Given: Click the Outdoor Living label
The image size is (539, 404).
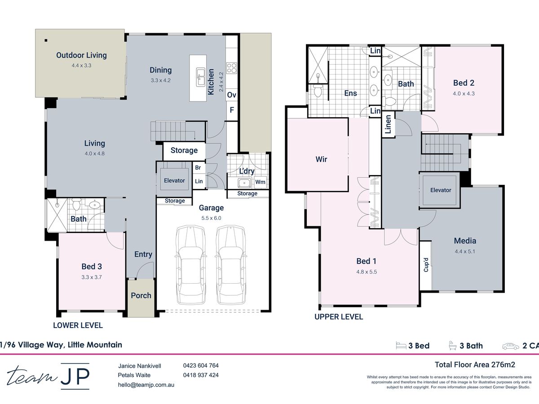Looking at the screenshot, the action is pos(81,55).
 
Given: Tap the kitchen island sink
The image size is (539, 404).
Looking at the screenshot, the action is pos(201,77).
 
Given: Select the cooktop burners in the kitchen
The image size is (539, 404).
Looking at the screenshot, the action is pos(232,68).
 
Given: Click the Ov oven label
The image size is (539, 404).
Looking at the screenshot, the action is pos(232,95).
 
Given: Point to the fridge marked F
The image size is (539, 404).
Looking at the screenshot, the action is pos(232,110).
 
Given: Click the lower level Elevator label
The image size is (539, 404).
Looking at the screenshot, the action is pos(174,180).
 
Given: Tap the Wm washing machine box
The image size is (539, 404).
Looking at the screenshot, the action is pos(260,182).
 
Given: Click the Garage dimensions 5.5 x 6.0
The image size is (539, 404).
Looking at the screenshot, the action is pos(211,218).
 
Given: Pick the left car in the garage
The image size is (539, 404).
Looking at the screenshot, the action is pos(190,265).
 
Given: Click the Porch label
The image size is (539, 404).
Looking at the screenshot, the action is pos(141,295).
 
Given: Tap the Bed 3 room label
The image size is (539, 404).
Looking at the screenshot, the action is pos(92,266).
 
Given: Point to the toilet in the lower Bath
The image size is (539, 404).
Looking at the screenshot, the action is pos(76,204).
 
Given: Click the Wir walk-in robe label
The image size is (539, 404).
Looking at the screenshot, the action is pos(321,159).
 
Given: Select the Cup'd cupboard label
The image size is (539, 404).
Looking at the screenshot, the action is pos(426,265).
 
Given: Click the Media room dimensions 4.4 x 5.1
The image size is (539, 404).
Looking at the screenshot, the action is pos(465,251).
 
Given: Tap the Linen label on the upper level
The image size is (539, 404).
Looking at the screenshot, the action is pos(388,124).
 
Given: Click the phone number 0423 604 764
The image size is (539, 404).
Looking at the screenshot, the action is pos(201,365).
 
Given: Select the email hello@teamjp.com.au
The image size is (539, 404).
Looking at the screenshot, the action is pos(146,385).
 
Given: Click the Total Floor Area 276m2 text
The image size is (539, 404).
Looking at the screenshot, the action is pos(475,365).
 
